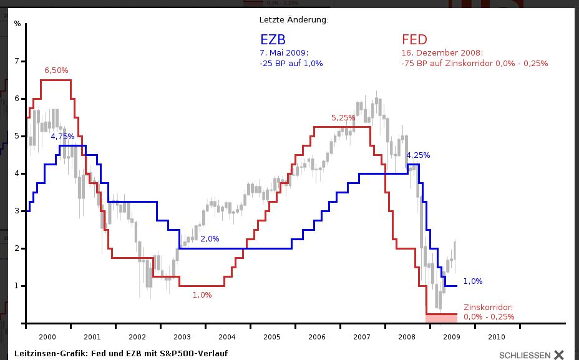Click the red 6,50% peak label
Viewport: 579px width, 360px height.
coord(56,71)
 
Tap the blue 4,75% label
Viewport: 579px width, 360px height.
coord(62,137)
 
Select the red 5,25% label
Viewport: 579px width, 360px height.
coord(343,117)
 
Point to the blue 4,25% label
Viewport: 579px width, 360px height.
coord(418,155)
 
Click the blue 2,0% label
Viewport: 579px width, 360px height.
coord(210,239)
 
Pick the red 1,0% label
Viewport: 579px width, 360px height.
coord(202,295)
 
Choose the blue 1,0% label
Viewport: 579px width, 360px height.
coord(473,281)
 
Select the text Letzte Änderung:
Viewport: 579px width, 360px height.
coord(294,20)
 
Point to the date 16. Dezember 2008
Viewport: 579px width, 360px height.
coord(442,53)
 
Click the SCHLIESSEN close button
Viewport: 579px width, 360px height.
coord(532,355)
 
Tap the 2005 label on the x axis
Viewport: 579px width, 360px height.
coord(272,337)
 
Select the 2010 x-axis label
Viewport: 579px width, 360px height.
coord(497,337)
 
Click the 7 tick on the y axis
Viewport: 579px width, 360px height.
coord(17,61)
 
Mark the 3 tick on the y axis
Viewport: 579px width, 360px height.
coord(17,211)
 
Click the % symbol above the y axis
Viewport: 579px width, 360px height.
coord(17,24)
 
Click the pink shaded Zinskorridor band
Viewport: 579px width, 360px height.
coord(442,318)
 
